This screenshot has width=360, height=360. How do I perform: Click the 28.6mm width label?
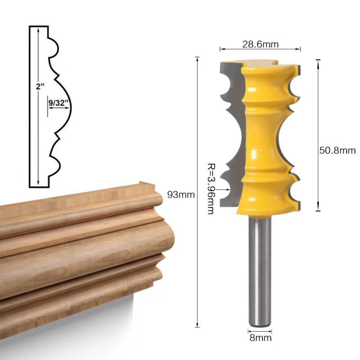[261, 44]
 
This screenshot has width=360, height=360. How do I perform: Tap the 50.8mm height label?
[337, 150]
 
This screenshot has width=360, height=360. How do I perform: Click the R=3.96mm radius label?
[210, 189]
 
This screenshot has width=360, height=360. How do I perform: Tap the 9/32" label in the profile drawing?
[58, 103]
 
